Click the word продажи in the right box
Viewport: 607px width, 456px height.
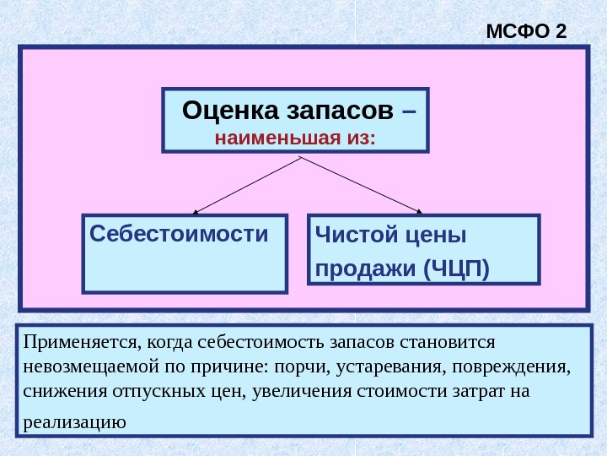tap(366, 269)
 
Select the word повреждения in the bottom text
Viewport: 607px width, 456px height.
tap(524, 368)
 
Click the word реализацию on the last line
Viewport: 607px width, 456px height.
tap(74, 421)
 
